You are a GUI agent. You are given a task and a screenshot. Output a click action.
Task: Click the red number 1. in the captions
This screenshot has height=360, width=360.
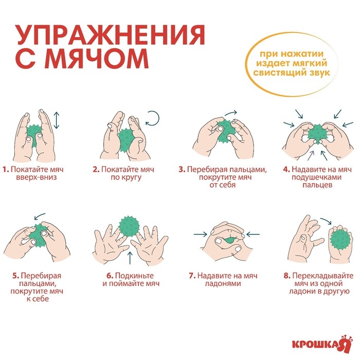pyautogui.click(x=5, y=169)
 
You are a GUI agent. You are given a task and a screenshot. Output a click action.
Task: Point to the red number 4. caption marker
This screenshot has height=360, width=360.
pyautogui.click(x=286, y=169)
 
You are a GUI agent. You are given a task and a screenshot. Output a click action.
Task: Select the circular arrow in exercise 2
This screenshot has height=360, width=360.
pyautogui.click(x=153, y=119)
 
